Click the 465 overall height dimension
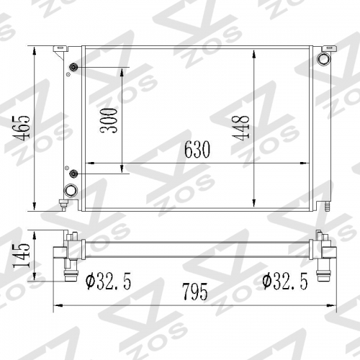click(x=22, y=128)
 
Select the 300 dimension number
click(x=109, y=121)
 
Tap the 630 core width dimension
click(x=197, y=149)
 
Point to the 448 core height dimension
click(x=240, y=127)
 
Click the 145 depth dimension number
click(x=22, y=256)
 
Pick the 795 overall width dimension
click(x=195, y=292)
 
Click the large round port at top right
click(x=324, y=59)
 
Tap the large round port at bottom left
click(x=71, y=191)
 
